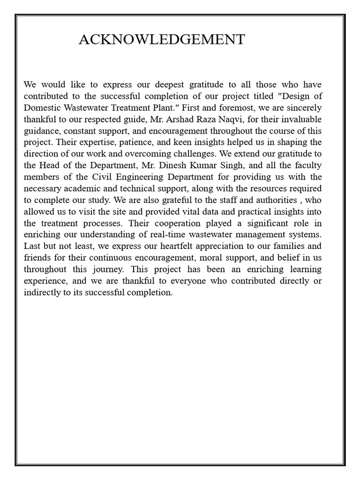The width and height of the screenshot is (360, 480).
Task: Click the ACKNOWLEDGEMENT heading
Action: coord(162,40)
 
